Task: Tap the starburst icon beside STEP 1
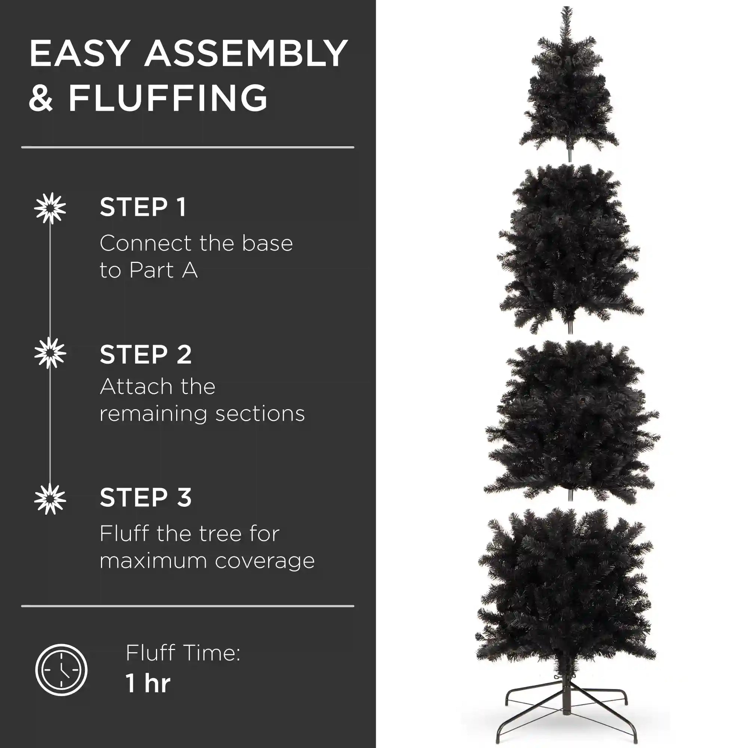click(x=50, y=208)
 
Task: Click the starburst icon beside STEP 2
click(x=50, y=353)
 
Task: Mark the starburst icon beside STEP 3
click(x=50, y=499)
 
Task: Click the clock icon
click(x=61, y=670)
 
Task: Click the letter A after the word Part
click(x=190, y=270)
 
